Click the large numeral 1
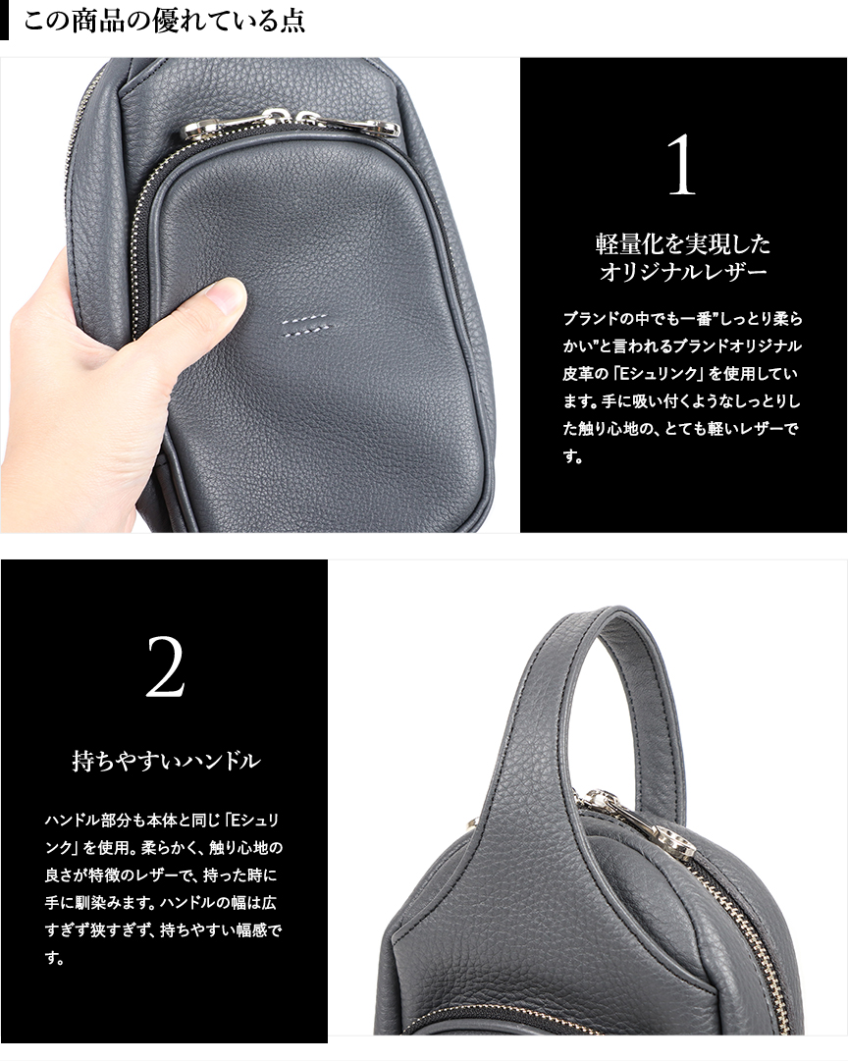[681, 165]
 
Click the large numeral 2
[165, 666]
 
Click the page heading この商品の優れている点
[165, 21]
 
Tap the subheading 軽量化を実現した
[683, 243]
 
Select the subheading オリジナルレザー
[683, 272]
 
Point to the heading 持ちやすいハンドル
[167, 761]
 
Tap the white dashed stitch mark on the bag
[307, 324]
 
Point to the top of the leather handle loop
[590, 612]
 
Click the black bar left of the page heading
[4, 21]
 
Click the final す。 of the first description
[572, 456]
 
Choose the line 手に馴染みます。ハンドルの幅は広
[160, 903]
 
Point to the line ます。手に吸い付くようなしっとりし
[681, 401]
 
